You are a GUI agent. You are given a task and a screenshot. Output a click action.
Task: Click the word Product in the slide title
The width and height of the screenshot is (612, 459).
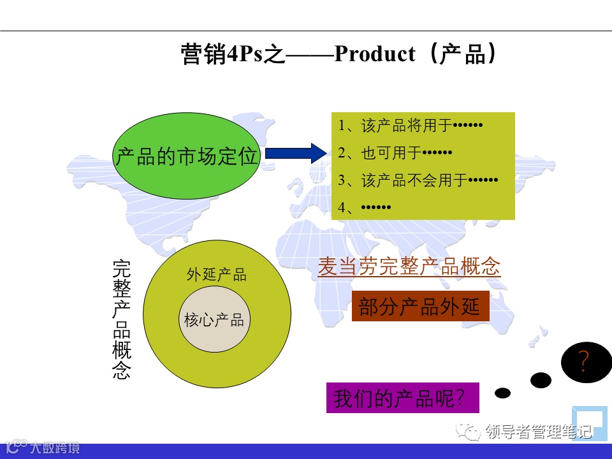pos(374,54)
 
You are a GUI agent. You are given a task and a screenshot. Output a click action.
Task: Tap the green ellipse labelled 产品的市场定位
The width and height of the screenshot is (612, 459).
pos(186,156)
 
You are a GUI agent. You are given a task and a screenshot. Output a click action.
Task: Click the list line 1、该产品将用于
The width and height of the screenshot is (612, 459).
pos(411,126)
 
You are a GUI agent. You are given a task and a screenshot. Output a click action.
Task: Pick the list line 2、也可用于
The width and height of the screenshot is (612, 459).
pos(395,153)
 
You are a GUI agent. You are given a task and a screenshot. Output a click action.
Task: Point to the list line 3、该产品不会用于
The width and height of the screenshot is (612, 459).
pos(418,180)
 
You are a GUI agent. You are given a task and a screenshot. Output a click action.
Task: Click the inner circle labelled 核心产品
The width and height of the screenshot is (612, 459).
pos(214,320)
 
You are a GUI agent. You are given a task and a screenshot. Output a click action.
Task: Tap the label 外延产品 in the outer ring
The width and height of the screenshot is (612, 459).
pos(216,275)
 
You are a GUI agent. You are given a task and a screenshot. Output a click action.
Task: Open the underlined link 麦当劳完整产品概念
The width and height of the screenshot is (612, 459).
pos(409,267)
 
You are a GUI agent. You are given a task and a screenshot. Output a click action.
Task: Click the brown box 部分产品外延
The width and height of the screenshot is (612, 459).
pos(419,307)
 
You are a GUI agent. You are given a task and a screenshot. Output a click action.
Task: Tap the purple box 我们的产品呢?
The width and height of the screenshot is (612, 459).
pos(402,398)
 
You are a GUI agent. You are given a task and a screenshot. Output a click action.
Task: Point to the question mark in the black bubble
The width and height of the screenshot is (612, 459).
pos(583,363)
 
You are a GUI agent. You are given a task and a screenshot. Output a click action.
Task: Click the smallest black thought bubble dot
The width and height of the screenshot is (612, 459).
pos(503,393)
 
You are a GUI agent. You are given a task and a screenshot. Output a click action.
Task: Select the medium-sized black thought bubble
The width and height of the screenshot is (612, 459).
pos(541,380)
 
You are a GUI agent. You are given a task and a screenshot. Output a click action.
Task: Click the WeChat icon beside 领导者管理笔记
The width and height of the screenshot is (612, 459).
pos(472,433)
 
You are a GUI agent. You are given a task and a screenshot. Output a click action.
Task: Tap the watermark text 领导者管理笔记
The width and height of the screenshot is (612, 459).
pos(538,432)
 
